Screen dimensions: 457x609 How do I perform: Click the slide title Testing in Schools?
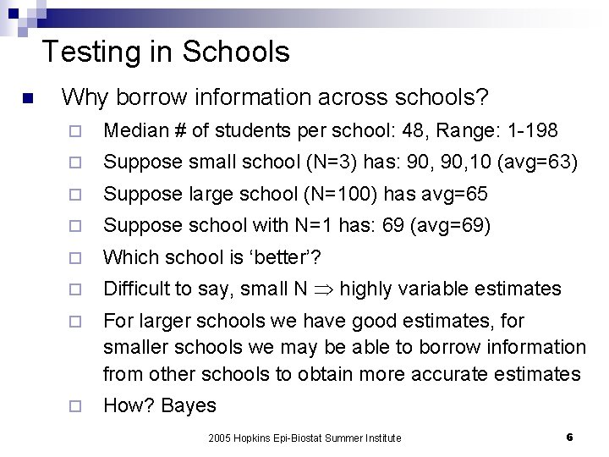point(166,52)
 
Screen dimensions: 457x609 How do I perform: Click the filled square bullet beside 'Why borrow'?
point(28,100)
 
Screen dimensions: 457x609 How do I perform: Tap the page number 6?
point(569,437)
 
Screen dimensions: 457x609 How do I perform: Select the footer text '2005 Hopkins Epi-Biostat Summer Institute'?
point(305,438)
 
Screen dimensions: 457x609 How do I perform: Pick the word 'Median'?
point(134,131)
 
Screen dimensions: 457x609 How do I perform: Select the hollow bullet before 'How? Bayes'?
point(75,406)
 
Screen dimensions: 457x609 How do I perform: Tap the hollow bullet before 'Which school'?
point(75,258)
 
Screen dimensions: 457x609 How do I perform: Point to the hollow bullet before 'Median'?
point(75,132)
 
